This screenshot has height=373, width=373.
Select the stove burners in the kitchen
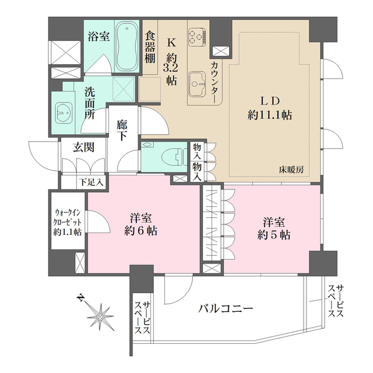196,37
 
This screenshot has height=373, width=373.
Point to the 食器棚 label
149,47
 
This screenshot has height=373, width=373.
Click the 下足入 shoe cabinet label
92,182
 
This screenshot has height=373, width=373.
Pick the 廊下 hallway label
122,129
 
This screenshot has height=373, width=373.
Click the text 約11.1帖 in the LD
269,115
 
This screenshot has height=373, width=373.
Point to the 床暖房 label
291,170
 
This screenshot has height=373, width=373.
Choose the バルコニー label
225,308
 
